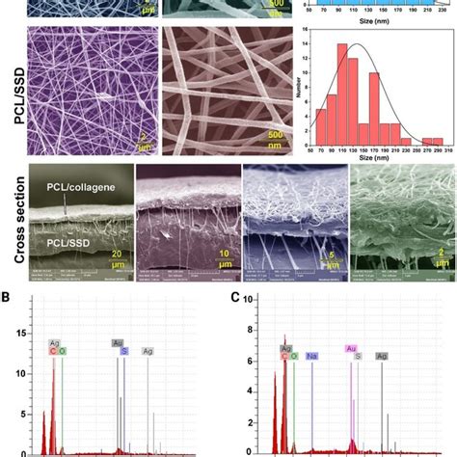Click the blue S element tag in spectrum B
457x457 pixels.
[123, 351]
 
